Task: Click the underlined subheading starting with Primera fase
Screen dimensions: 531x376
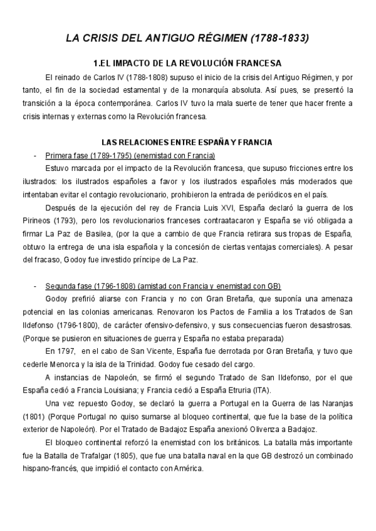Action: click(x=130, y=155)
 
